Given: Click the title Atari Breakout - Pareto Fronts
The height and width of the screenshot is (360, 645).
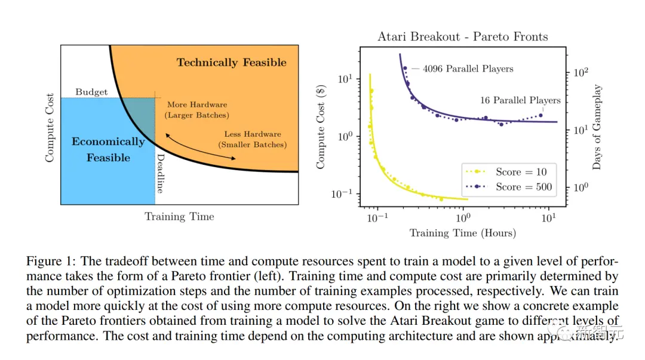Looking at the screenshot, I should coord(462,37).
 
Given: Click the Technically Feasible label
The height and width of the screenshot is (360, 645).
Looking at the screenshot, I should coord(231,63).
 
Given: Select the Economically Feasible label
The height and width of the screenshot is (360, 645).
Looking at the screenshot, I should coord(108,149).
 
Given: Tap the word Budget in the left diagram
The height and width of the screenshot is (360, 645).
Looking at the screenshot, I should coord(91,92).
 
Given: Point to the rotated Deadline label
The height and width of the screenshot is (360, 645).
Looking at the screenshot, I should coord(160,173).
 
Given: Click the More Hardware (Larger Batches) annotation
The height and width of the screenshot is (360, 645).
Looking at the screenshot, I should coord(198,110).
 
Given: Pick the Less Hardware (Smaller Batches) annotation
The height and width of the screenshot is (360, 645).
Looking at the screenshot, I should coord(252,140).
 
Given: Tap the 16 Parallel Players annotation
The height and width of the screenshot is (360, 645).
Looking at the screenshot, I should coord(520,100).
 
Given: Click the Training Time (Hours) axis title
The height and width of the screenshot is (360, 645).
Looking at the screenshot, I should coord(462,233).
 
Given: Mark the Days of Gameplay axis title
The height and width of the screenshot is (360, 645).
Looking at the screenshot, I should coord(597,128).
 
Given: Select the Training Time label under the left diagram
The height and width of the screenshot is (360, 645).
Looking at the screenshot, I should coord(179,217).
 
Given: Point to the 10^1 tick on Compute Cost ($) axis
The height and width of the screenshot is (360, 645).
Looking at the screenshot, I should coord(347,79).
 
